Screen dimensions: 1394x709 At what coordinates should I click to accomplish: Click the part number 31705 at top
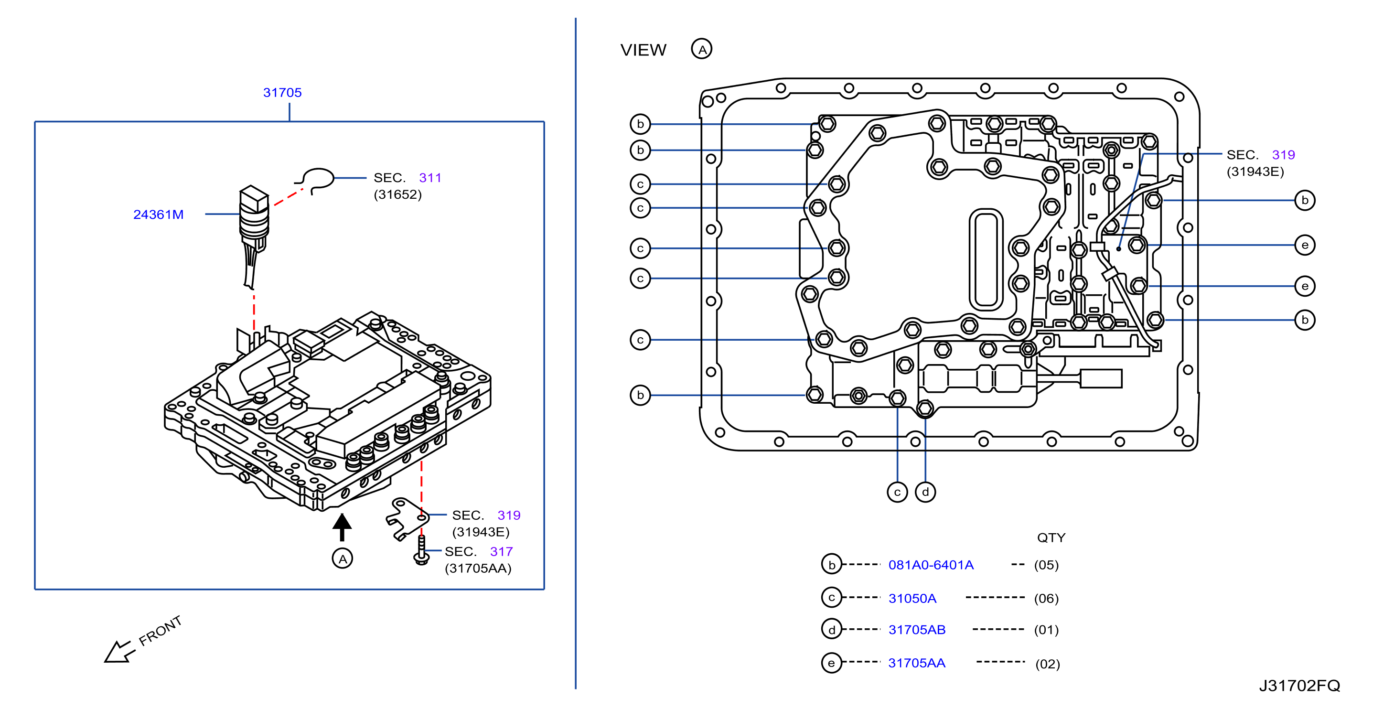tap(282, 93)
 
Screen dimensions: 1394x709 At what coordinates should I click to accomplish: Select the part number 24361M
tap(158, 215)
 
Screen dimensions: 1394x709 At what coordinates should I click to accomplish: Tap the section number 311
tap(430, 178)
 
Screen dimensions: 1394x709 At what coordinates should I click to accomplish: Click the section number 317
tap(501, 551)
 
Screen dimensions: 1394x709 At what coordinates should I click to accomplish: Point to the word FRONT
tap(160, 631)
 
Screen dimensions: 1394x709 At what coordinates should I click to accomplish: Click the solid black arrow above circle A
tap(342, 526)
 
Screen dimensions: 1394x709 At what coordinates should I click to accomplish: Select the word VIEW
tap(643, 50)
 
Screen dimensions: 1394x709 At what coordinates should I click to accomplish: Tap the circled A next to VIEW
tap(701, 49)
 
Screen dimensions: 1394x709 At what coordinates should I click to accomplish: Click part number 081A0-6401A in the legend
tap(931, 565)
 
